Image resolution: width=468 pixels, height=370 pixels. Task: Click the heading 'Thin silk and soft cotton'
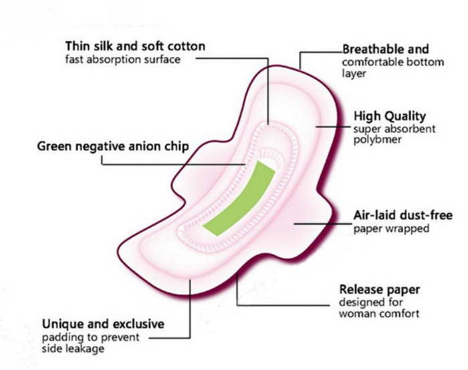click(x=135, y=46)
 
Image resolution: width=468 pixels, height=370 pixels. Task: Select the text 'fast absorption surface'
click(x=123, y=59)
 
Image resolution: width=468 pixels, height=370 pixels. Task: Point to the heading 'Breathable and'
click(x=386, y=49)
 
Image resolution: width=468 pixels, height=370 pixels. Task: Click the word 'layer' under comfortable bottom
click(x=354, y=73)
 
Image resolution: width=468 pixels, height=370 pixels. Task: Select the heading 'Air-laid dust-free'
click(x=402, y=215)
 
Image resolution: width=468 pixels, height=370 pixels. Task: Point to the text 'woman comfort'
click(x=379, y=313)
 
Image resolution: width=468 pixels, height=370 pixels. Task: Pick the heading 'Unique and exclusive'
click(x=103, y=323)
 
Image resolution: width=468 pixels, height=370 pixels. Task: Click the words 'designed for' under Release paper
click(x=367, y=302)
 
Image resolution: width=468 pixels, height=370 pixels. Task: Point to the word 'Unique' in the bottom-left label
click(x=60, y=323)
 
